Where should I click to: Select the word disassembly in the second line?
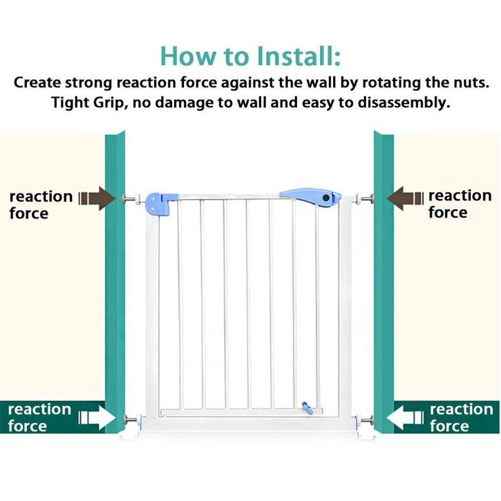(403, 103)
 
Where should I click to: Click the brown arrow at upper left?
(97, 199)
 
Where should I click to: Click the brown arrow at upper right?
(405, 199)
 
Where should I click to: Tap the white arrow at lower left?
(97, 417)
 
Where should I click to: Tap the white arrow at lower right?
(405, 417)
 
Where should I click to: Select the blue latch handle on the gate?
(310, 197)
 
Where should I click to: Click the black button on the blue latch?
(326, 198)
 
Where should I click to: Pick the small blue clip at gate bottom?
(307, 408)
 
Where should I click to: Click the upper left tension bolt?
(132, 199)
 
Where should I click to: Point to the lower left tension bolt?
(133, 419)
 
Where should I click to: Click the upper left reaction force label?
(41, 205)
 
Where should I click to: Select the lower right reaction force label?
(462, 417)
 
